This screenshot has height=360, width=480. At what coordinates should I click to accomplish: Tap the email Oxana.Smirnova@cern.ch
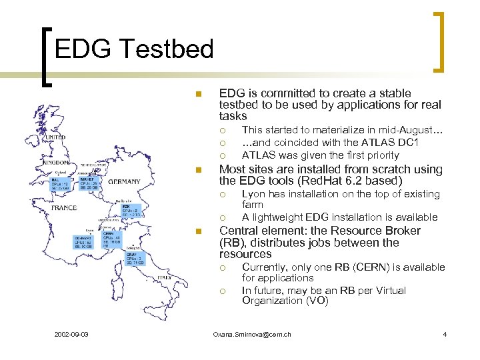pyautogui.click(x=251, y=333)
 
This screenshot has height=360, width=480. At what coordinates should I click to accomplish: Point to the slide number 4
pyautogui.click(x=444, y=333)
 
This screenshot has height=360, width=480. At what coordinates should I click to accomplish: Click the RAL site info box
pyautogui.click(x=62, y=184)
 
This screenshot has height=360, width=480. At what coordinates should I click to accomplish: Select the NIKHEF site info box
pyautogui.click(x=89, y=183)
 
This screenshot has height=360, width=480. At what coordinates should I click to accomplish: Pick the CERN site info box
pyautogui.click(x=112, y=239)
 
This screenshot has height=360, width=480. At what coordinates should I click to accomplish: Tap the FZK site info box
pyautogui.click(x=131, y=211)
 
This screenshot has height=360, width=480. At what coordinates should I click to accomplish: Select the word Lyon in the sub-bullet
pyautogui.click(x=253, y=194)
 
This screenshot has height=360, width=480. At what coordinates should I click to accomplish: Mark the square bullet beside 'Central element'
pyautogui.click(x=197, y=231)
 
